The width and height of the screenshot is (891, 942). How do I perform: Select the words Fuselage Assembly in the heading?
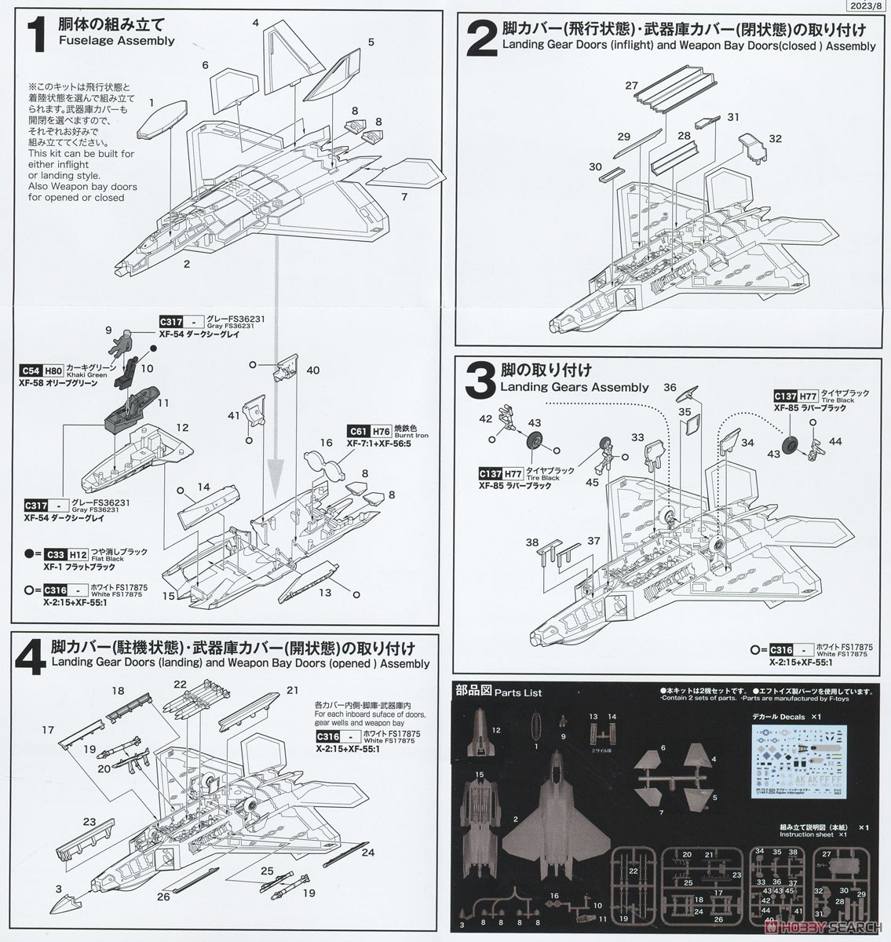coord(117,41)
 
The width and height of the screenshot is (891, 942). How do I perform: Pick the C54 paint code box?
coord(32,370)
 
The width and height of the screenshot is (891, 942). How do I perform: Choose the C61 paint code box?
coord(358,432)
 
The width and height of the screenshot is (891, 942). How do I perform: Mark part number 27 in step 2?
coord(631,86)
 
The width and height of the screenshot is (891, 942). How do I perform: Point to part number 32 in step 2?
coord(776,139)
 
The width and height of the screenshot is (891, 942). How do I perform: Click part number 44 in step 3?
coord(834,442)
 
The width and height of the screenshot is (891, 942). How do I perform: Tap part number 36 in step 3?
coord(670,387)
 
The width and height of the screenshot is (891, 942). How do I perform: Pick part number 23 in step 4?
coord(89,822)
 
